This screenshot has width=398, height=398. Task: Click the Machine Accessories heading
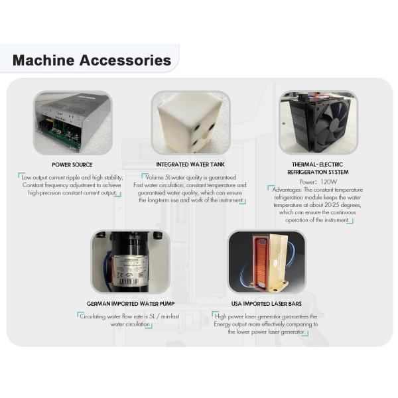(x=92, y=60)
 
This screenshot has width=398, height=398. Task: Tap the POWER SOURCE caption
(x=72, y=165)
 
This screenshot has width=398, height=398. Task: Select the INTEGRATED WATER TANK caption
(x=190, y=165)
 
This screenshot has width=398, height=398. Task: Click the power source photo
(x=72, y=123)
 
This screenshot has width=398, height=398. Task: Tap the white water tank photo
(x=190, y=121)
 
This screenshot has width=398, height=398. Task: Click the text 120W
(x=327, y=181)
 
